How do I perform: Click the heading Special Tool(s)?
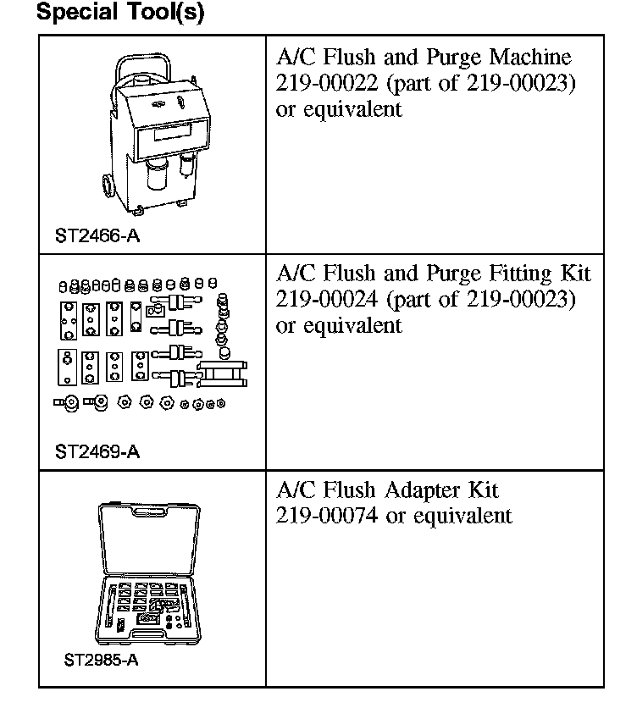tap(120, 14)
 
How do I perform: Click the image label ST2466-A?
tap(97, 235)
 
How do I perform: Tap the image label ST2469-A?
tap(97, 451)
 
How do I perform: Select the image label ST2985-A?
tap(100, 660)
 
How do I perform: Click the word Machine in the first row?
tap(531, 58)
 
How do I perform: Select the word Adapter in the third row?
tap(424, 490)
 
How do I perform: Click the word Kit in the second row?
tap(574, 274)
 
